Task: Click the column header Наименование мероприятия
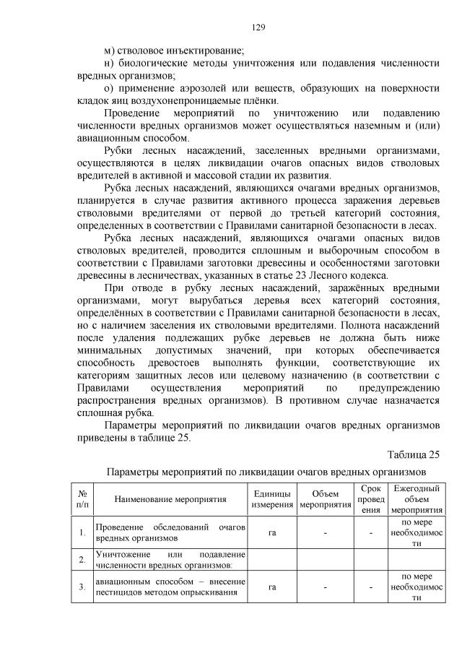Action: (x=170, y=498)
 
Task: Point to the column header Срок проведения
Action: (x=371, y=498)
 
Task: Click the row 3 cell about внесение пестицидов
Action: (x=170, y=587)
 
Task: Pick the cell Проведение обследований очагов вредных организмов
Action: (x=170, y=532)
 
